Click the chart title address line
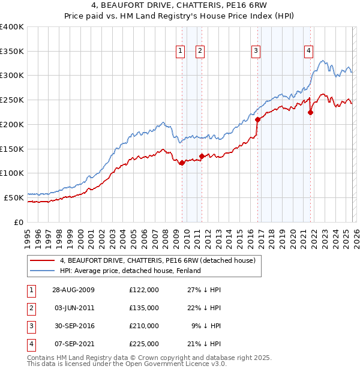(180, 5)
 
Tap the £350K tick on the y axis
(12, 52)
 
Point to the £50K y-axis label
(14, 197)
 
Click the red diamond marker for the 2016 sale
(257, 119)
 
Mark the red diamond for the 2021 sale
(310, 112)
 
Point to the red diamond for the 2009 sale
(182, 163)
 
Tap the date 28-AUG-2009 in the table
(73, 290)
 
